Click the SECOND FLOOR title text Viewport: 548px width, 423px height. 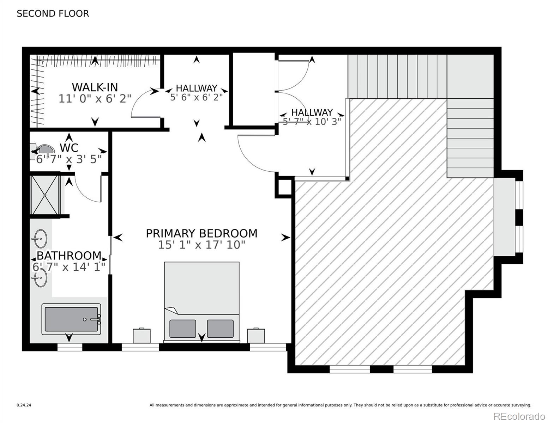click(x=53, y=14)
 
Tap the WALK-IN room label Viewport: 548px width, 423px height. click(x=95, y=87)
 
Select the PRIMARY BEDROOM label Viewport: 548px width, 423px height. click(x=201, y=233)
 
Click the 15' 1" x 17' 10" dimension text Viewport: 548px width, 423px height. click(x=201, y=245)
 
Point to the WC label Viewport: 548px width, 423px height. click(x=69, y=148)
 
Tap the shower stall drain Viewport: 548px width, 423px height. click(x=45, y=195)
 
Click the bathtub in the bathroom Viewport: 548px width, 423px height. click(x=71, y=319)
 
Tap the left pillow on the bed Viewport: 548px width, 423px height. click(x=182, y=329)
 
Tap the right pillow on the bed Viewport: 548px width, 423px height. click(x=220, y=329)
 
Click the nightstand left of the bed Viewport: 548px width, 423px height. click(x=142, y=336)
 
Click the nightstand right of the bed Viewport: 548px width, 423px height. click(x=256, y=336)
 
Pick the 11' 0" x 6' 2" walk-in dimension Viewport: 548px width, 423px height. click(x=95, y=99)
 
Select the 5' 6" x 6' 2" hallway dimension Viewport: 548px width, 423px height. click(x=197, y=97)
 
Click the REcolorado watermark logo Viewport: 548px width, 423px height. click(x=519, y=416)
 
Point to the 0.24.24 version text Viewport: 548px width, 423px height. click(x=24, y=405)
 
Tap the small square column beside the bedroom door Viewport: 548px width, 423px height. click(x=283, y=187)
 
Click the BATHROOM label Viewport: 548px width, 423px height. click(x=69, y=255)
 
